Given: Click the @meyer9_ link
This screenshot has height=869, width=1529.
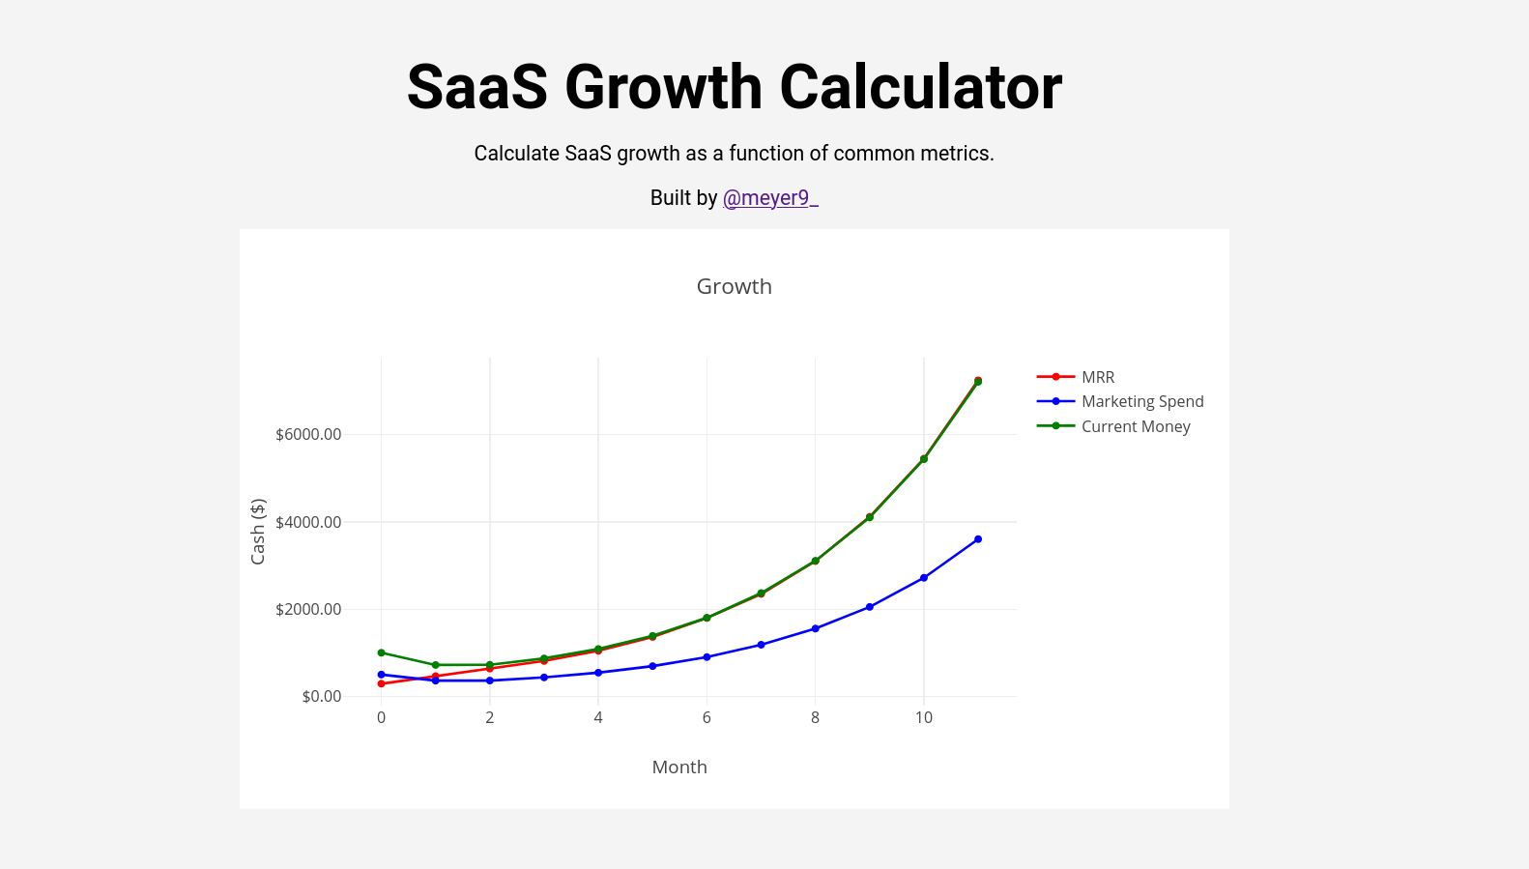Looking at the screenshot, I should click(770, 198).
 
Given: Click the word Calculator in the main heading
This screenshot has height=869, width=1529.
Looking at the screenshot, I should click(920, 88).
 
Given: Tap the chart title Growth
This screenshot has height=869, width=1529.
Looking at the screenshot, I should click(734, 287).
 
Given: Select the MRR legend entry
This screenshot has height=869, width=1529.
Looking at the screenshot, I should click(1097, 377).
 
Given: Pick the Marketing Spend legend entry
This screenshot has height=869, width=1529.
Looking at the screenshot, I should click(1141, 401).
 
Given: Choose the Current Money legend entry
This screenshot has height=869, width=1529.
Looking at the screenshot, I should click(1135, 426).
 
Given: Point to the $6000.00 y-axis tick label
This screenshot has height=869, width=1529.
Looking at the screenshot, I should click(308, 435).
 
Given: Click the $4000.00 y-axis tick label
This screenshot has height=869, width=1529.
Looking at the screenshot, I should click(308, 522).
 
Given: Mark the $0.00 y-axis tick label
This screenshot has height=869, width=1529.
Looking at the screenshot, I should click(321, 697).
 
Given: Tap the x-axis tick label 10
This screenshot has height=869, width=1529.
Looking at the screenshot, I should click(923, 717).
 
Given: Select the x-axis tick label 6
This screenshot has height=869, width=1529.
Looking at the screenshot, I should click(707, 717).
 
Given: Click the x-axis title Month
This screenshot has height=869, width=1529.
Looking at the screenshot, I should click(679, 768).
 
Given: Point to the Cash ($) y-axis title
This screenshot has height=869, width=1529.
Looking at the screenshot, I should click(258, 532).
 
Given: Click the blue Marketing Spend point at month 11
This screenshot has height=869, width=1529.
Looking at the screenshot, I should click(978, 539).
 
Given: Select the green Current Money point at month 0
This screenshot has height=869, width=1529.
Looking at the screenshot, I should click(381, 652).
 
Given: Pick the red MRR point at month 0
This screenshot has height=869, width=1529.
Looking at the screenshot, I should click(381, 683).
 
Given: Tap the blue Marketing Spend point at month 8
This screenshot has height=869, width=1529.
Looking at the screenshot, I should click(815, 628).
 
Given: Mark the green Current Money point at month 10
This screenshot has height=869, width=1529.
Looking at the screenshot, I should click(924, 459).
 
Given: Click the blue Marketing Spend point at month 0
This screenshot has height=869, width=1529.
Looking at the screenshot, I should click(381, 675).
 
